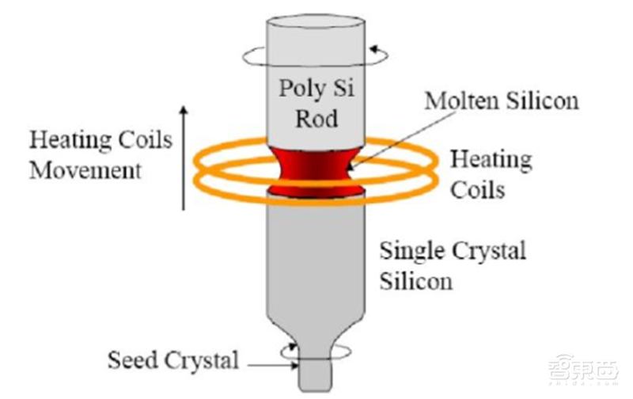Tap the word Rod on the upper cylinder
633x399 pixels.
pos(316,118)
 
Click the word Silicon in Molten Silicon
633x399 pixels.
pos(543,101)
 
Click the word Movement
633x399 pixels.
pos(85,170)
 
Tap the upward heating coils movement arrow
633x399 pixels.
pos(184,158)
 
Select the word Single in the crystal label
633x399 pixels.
pos(412,252)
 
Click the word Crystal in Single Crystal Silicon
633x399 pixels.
pos(489,252)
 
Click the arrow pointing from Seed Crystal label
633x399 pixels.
pos(273,366)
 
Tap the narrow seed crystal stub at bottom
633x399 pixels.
pos(315,374)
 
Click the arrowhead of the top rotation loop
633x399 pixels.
pos(374,50)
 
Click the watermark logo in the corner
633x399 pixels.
pos(583,369)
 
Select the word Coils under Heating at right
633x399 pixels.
pos(478,189)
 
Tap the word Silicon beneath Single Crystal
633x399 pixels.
pos(416,281)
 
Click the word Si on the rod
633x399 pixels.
pos(343,88)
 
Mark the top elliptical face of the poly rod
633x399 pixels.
pos(316,21)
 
